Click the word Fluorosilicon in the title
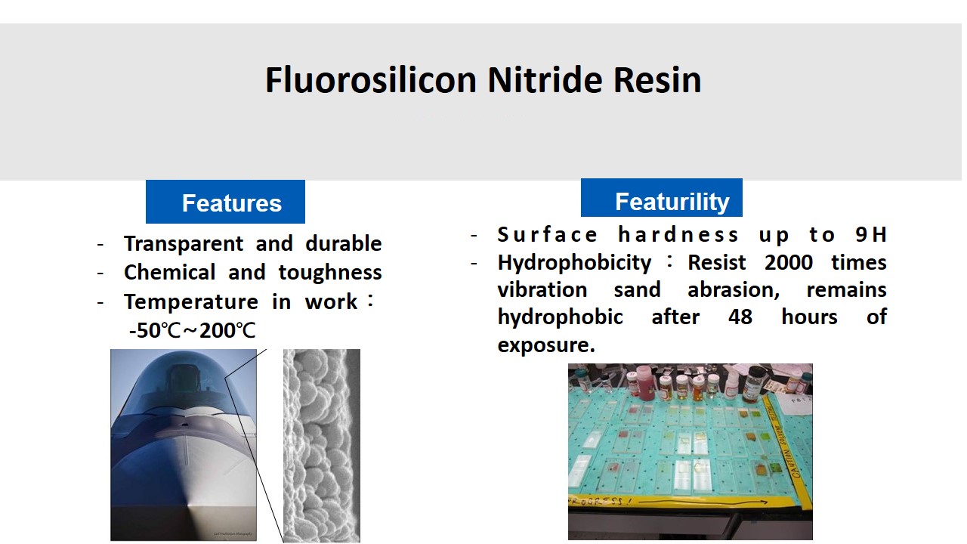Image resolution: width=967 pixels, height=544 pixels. point(370,80)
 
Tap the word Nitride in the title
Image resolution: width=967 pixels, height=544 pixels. point(545,80)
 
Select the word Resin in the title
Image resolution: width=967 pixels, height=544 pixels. point(657,80)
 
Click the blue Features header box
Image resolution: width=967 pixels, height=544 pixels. point(225,202)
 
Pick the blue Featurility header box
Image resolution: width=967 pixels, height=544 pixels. point(661,198)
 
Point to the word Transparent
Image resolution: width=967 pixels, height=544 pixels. point(184,244)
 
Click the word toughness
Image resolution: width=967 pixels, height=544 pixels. point(330,273)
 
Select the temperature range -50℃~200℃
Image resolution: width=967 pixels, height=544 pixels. point(192,331)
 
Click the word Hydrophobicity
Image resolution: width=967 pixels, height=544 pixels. point(574,263)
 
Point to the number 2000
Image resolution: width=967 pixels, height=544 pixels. point(788,262)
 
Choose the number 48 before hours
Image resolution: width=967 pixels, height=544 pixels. point(740,317)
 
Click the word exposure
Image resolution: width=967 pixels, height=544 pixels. point(546,345)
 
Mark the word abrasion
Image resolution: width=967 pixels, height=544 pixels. point(734,289)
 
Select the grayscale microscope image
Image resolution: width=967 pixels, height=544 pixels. point(322,446)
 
